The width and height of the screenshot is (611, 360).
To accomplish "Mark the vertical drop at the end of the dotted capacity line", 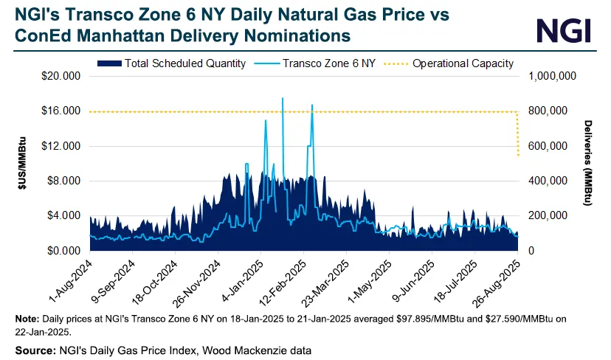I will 518,133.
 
